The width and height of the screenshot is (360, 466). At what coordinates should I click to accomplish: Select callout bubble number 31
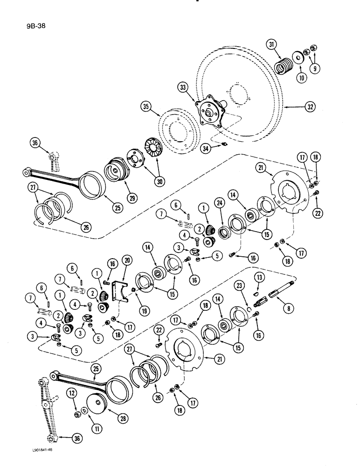click(272, 45)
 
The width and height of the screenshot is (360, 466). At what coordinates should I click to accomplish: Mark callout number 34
click(206, 148)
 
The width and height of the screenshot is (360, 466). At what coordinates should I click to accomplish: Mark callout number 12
click(71, 395)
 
